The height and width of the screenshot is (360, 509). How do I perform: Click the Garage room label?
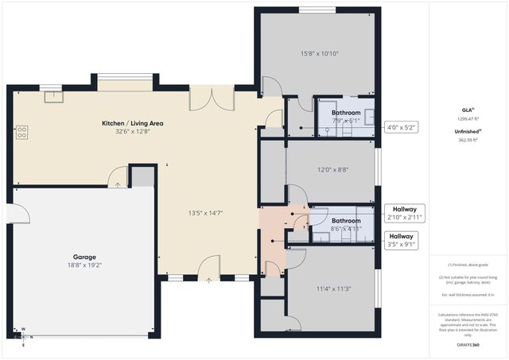coord(85,257)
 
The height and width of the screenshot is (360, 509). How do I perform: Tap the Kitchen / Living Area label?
coord(134,124)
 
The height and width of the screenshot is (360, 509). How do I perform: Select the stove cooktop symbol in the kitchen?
coord(21,132)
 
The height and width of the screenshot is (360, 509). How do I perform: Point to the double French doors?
coord(212,98)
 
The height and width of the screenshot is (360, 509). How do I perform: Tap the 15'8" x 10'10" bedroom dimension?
coord(320,54)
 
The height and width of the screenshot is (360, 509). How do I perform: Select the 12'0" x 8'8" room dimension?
coord(333,169)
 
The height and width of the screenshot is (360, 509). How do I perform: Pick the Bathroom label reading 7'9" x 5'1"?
coord(346,117)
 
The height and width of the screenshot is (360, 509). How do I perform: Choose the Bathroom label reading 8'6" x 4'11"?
coord(346,224)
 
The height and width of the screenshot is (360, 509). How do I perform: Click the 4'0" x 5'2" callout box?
coord(401,127)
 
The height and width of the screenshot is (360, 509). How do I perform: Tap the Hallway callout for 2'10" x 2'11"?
coord(401,212)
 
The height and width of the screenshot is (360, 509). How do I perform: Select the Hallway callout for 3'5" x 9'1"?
coord(401,240)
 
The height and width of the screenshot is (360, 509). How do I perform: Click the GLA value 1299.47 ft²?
coord(468,118)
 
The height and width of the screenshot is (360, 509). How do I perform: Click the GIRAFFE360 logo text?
coord(468,344)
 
